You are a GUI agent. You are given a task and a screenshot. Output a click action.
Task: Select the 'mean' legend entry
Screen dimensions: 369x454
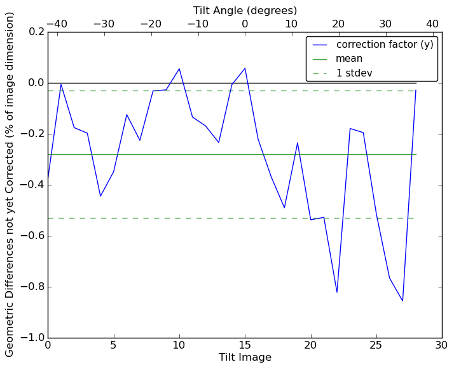349,59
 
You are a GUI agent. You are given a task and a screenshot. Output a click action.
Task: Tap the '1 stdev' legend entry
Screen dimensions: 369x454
354,73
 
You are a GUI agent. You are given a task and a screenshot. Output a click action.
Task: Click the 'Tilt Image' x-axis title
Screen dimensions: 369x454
245,358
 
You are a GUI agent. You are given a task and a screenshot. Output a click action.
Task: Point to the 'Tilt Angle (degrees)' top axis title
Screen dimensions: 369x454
245,10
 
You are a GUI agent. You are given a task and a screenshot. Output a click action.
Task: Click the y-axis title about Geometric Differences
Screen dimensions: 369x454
10,184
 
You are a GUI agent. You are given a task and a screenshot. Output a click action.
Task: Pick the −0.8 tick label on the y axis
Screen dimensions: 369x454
31,287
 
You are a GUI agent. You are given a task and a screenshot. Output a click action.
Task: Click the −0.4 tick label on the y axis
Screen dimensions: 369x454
31,185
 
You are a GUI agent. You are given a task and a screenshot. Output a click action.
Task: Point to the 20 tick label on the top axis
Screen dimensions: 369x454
338,24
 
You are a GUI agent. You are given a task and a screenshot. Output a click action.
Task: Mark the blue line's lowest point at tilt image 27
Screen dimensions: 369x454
402,301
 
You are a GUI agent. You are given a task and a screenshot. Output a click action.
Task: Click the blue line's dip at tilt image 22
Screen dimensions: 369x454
337,293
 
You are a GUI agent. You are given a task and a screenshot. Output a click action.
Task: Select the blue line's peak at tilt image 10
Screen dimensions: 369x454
179,69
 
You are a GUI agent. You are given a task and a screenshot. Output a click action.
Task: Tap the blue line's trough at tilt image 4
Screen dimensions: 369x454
100,196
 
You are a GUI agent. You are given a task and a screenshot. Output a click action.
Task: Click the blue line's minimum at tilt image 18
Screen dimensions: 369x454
284,208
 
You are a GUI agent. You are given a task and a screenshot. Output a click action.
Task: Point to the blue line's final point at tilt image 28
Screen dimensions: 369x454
416,90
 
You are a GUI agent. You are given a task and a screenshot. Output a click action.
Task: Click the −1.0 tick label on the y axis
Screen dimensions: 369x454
31,338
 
